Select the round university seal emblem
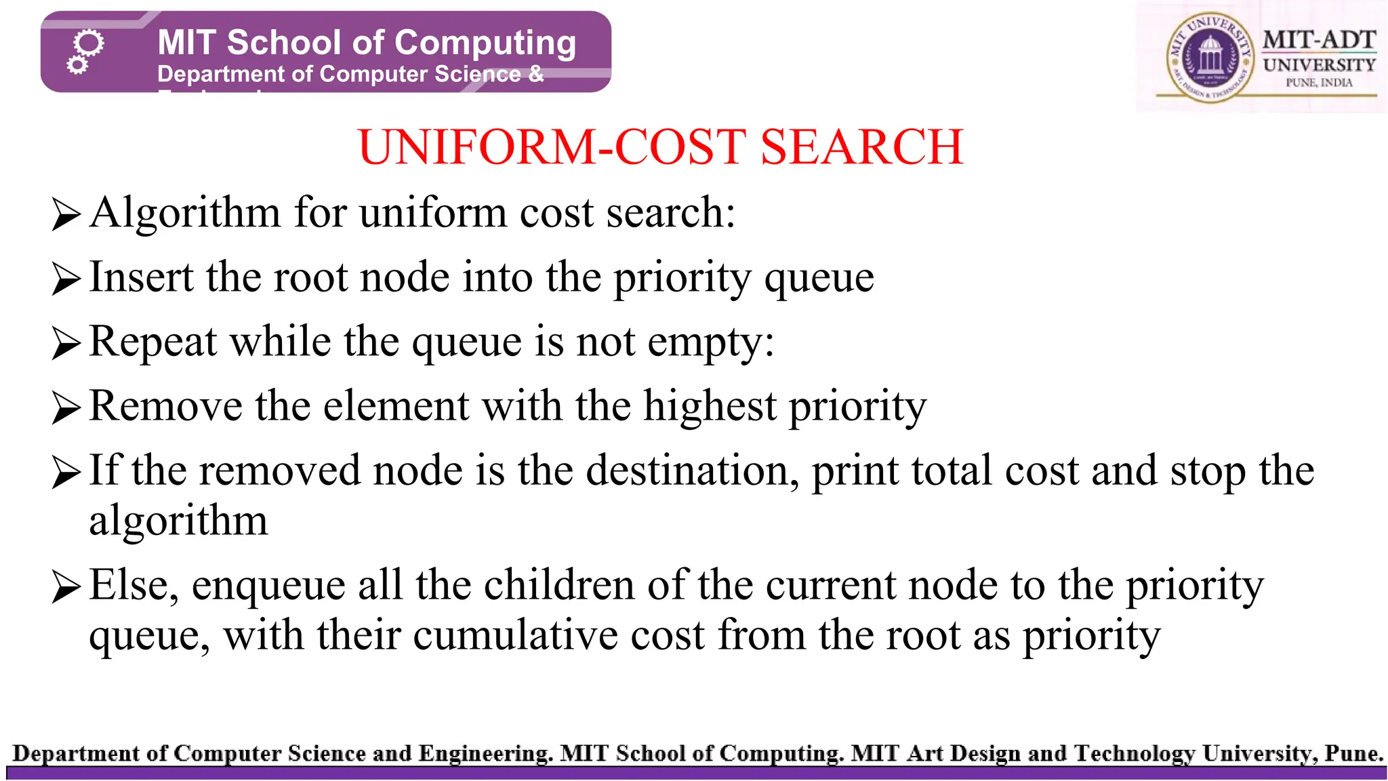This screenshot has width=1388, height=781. [x=1208, y=58]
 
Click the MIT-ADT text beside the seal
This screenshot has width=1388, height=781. [x=1319, y=40]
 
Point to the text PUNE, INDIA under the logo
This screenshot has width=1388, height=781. [x=1319, y=83]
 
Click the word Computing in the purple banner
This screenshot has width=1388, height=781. [x=485, y=43]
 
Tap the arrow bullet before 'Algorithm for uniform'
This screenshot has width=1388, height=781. [x=66, y=215]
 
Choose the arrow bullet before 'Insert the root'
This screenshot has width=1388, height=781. [x=66, y=279]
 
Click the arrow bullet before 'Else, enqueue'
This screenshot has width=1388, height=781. [x=66, y=586]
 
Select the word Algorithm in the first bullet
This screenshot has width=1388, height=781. [x=184, y=213]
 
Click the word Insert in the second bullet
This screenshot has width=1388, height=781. [x=142, y=277]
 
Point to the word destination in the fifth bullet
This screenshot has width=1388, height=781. [x=691, y=470]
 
